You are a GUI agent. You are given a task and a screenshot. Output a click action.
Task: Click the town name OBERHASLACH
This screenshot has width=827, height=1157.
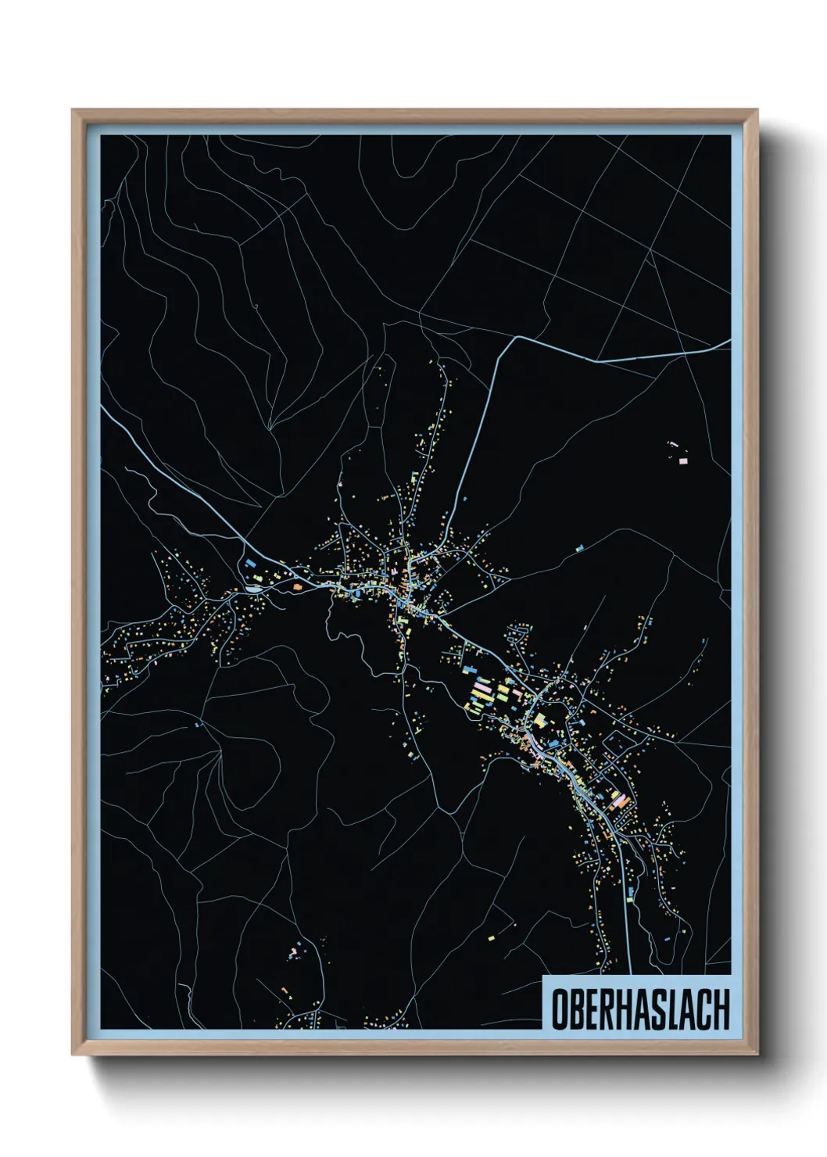click(x=640, y=1009)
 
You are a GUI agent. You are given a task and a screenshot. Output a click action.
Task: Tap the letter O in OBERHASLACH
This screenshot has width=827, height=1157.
click(x=560, y=1009)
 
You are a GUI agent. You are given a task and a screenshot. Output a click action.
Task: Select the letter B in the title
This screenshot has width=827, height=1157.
click(x=576, y=1009)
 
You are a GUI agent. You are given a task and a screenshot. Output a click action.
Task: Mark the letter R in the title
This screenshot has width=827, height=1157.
click(x=607, y=1009)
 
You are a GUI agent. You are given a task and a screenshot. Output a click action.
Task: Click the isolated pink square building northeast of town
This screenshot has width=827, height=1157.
click(x=682, y=461)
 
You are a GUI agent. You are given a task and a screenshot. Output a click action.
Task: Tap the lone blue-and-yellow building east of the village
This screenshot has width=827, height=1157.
click(x=579, y=549)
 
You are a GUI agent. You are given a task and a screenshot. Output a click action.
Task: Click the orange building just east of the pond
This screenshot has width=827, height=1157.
click(x=296, y=586)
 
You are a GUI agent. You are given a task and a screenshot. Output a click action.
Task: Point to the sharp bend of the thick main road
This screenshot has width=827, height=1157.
click(x=516, y=339)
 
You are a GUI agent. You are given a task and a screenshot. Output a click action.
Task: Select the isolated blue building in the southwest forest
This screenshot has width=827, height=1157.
click(x=197, y=725)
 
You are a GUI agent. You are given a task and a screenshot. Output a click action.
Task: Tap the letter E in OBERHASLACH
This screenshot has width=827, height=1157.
click(x=592, y=1009)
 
